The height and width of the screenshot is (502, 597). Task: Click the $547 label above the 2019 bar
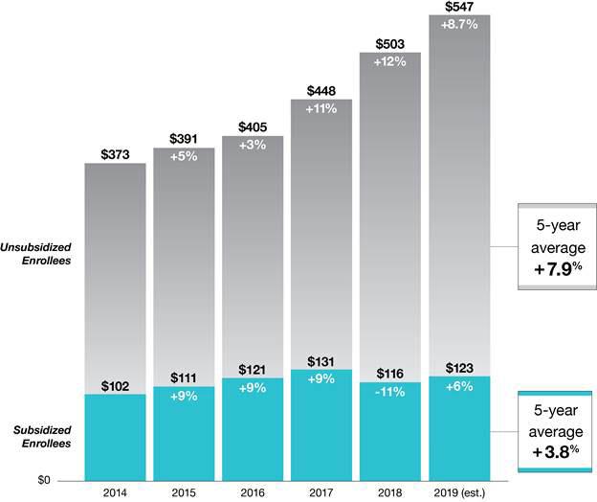click(x=458, y=7)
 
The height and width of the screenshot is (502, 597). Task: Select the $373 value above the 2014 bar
click(x=115, y=154)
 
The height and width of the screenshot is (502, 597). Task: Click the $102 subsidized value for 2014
click(x=115, y=386)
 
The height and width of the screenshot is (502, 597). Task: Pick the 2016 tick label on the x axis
click(x=253, y=492)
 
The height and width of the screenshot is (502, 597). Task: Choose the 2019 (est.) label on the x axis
click(x=458, y=492)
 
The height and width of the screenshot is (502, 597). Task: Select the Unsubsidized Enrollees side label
click(x=40, y=253)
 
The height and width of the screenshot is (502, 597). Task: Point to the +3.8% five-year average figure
click(x=551, y=447)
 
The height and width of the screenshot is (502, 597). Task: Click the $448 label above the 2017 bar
click(x=321, y=91)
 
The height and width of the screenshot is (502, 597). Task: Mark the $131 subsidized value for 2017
click(x=321, y=361)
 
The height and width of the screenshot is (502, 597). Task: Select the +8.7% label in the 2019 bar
click(x=458, y=24)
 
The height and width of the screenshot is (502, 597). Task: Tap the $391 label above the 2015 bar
click(x=184, y=139)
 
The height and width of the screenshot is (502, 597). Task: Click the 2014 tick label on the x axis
click(x=115, y=492)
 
